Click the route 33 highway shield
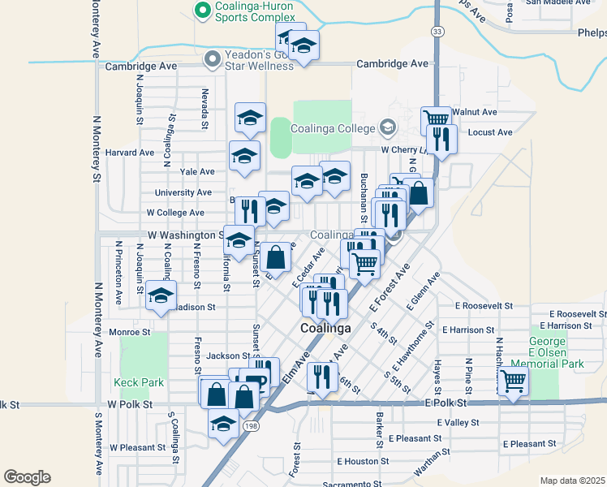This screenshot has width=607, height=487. (437, 31)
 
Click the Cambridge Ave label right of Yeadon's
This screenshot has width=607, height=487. (396, 63)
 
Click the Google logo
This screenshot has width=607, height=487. (27, 477)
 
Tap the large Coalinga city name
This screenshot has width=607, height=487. (325, 329)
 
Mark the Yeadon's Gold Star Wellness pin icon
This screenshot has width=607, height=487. (213, 58)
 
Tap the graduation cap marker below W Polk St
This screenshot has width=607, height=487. (224, 423)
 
